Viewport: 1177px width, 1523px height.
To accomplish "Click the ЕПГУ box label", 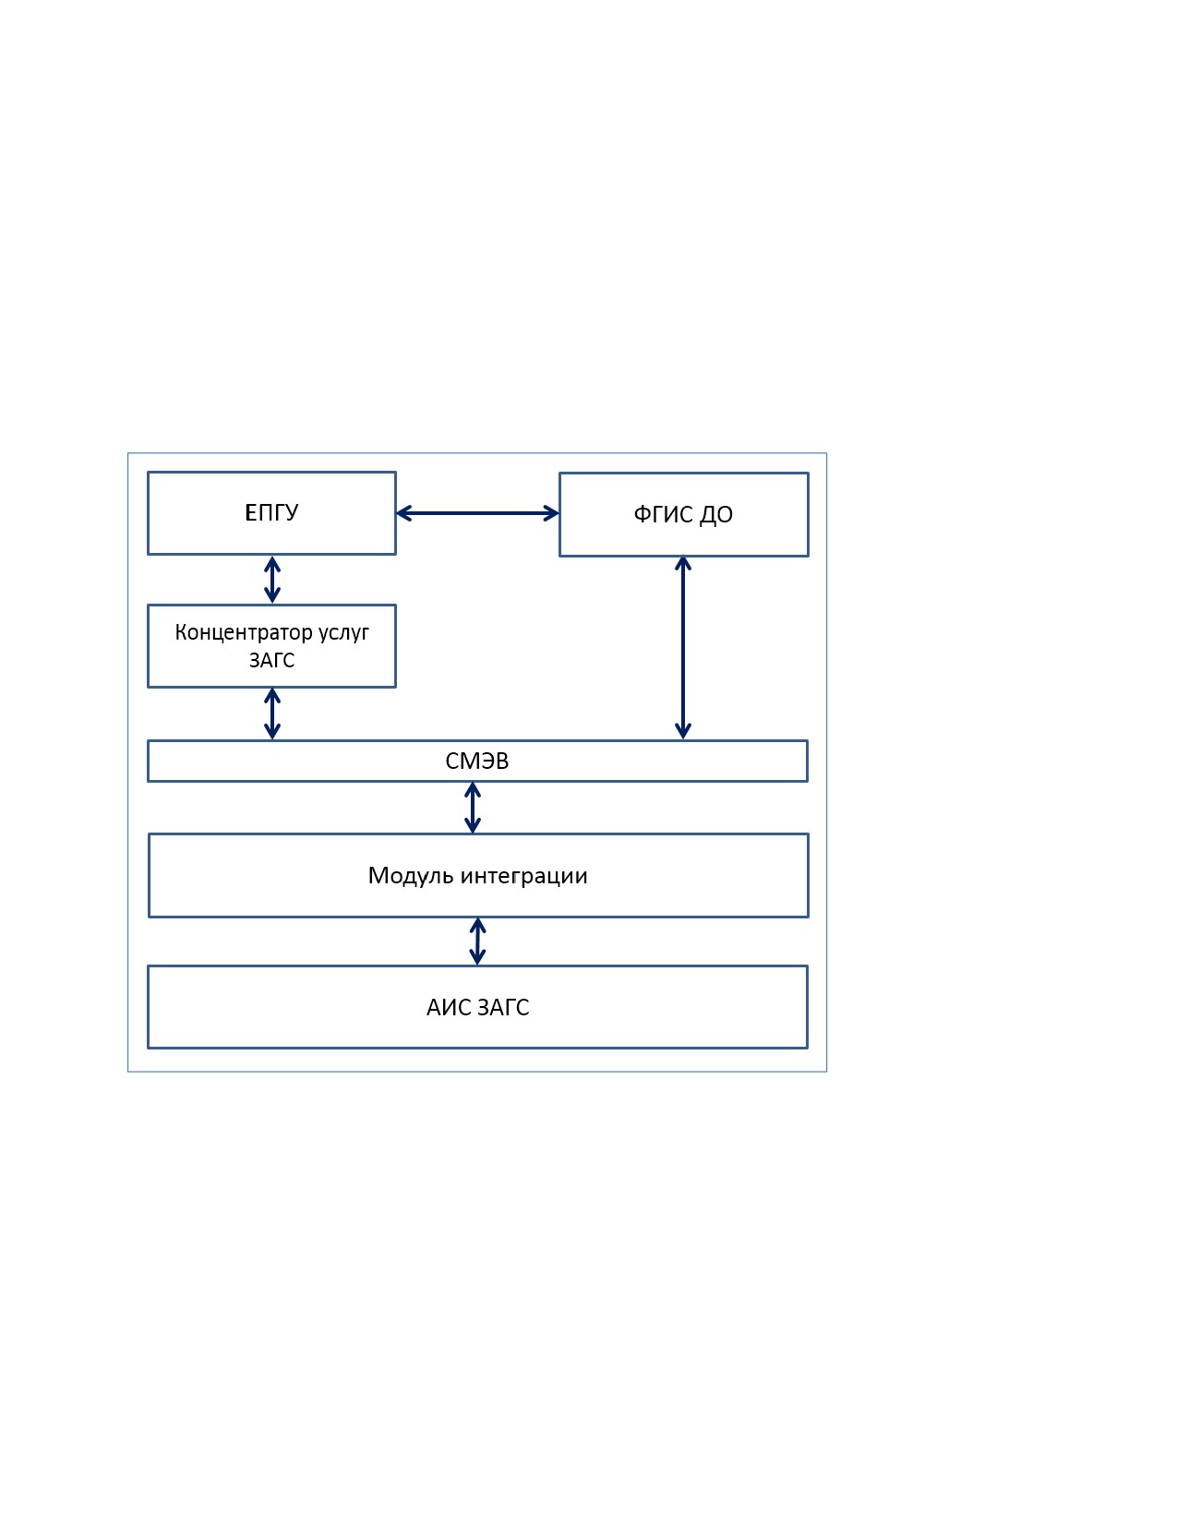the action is click(271, 512).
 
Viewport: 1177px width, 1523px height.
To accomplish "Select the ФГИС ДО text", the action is click(683, 514).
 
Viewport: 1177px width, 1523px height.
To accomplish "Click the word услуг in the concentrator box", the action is click(343, 633).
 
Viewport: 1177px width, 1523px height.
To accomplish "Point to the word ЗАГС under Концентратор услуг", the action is click(272, 660).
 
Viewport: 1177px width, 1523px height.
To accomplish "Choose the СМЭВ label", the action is click(476, 761).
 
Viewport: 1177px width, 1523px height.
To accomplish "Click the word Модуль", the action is click(411, 875).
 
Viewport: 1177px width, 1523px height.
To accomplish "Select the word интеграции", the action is click(523, 876).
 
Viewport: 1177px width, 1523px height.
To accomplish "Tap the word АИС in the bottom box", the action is click(449, 1007).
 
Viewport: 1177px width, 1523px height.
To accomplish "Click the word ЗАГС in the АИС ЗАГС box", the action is click(503, 1007).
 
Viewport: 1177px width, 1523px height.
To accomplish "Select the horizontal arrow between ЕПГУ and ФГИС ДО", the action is click(477, 513).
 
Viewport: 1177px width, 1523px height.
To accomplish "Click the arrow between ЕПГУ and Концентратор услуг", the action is click(272, 580).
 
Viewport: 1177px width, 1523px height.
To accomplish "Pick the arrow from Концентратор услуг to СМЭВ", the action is click(272, 714).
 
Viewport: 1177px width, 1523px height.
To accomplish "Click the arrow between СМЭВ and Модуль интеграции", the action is click(473, 808).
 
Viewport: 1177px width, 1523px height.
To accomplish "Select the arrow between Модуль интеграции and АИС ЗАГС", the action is click(477, 941).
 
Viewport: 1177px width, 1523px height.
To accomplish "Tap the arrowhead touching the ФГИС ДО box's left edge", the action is click(552, 513).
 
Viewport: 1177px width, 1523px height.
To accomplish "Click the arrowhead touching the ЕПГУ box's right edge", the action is click(403, 513).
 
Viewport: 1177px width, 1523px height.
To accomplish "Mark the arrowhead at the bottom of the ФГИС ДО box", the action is click(683, 564).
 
